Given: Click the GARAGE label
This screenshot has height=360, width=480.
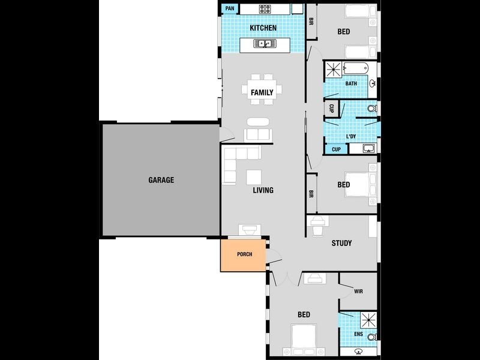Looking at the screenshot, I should pos(161,179).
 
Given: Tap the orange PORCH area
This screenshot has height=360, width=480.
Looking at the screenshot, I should pos(244,254).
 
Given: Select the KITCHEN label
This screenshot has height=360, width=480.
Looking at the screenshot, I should pos(263,28).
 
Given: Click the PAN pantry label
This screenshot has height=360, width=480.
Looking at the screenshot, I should pos(230,8).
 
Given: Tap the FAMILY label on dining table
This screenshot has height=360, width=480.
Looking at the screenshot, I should pos(262,92).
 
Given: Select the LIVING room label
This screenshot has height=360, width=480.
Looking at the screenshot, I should pos(263,190).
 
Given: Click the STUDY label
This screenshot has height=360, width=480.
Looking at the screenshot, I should pos(341,243).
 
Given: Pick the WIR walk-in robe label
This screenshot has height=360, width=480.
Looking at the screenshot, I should pos(358,291).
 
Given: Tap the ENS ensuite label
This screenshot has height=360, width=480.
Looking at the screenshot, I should pos(358,334).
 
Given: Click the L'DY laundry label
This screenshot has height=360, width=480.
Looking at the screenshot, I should pos(351,136).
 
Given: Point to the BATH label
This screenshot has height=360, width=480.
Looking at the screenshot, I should pos(351,83).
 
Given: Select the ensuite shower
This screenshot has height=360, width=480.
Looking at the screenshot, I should pos(368,320).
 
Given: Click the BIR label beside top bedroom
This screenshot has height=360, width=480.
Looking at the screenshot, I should pos(311,21).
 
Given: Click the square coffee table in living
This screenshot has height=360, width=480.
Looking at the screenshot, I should pos(254,177).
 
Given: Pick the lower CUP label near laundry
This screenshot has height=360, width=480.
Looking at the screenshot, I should pos(336,149).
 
